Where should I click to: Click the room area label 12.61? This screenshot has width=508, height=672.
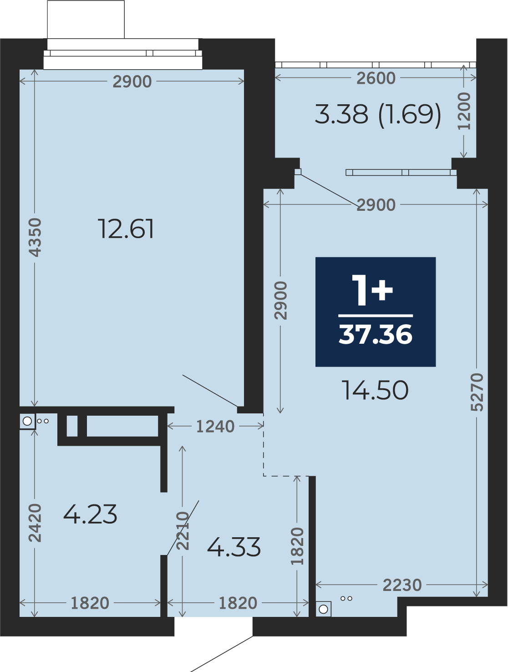tap(126, 229)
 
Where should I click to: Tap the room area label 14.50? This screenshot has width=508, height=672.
tap(375, 390)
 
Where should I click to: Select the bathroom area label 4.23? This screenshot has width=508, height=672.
tap(90, 514)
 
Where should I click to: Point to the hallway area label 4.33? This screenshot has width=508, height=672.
tap(234, 547)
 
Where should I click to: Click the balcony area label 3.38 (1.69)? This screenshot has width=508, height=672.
tap(378, 114)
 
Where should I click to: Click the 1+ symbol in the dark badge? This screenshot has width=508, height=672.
tap(372, 290)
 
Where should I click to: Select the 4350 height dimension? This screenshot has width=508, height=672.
tap(35, 237)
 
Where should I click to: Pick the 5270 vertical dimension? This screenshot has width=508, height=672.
tap(477, 392)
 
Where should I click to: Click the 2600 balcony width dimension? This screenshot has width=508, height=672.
tap(376, 78)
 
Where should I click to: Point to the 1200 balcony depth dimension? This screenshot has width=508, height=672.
tap(464, 111)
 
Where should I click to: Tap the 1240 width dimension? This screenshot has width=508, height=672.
tap(215, 426)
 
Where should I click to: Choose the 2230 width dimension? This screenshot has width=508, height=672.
tap(402, 585)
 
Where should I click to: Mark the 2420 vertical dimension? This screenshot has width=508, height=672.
tap(35, 523)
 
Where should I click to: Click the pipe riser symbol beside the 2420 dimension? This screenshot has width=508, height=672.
tap(27, 421)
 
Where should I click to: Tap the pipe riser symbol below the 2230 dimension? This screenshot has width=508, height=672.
tap(323, 609)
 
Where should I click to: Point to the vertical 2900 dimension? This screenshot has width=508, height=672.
tap(280, 300)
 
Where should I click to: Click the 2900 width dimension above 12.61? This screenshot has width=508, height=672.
tap(132, 82)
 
